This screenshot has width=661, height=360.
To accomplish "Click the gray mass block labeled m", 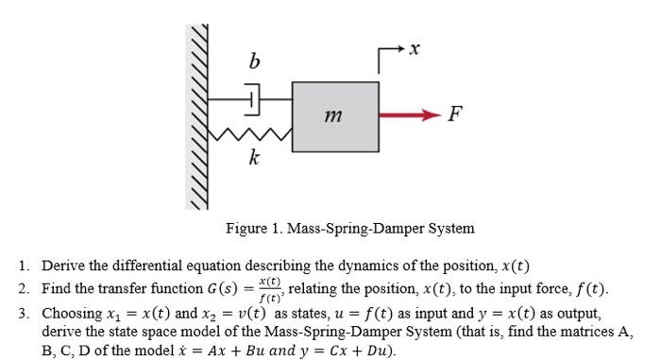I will [334, 113].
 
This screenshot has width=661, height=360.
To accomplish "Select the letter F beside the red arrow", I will [455, 115].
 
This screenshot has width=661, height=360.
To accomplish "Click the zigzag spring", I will [250, 136].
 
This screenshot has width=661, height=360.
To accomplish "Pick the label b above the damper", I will [252, 63].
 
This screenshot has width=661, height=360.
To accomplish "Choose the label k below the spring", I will [253, 158].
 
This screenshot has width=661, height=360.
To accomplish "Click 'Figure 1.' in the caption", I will [250, 228].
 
